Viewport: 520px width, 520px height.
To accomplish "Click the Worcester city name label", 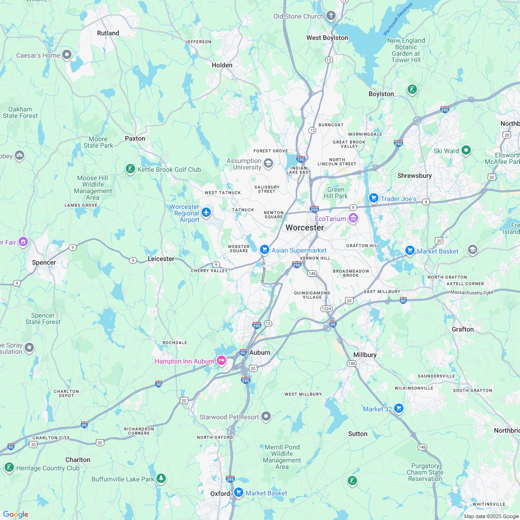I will [305, 227].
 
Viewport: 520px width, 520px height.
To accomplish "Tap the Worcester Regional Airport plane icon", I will [206, 212].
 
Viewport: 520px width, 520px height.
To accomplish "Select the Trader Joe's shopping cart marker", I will [373, 198].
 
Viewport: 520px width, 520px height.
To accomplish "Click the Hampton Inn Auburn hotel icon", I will [221, 360].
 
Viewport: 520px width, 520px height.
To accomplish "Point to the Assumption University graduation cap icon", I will [268, 163].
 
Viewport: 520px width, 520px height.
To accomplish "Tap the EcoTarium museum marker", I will [353, 218].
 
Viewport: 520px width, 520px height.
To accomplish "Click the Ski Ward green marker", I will [466, 150].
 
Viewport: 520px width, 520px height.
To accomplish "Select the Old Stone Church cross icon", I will [331, 16].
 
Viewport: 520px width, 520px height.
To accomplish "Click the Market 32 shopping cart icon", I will [398, 408].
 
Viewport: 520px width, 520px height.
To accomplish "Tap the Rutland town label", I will [108, 33].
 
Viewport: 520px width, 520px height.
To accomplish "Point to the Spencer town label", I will [44, 262].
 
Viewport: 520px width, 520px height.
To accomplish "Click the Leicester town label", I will [161, 259].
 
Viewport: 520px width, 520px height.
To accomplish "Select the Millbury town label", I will [364, 355].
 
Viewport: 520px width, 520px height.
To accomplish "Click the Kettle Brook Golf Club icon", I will [130, 169].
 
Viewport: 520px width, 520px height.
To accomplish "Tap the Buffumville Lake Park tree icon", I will [161, 478].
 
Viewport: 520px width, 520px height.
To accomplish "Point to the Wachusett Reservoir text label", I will [397, 19].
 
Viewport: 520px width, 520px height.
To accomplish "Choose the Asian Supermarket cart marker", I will [265, 249].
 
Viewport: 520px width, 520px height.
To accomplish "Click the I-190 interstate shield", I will [301, 159].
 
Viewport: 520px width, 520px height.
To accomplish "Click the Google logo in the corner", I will [15, 514].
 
